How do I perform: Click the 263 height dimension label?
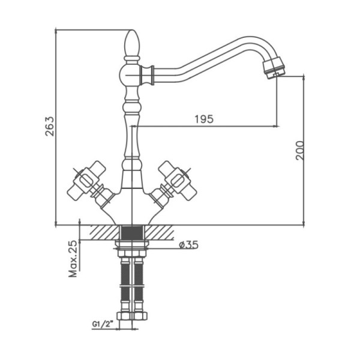[x=50, y=127]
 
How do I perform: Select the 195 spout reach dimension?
[x=204, y=119]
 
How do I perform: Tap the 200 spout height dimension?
[x=299, y=151]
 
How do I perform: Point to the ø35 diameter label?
[x=189, y=245]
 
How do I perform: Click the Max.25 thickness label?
[x=73, y=259]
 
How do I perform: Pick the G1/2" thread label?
[x=103, y=324]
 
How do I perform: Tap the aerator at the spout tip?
[x=274, y=68]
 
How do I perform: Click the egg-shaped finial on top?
[x=132, y=43]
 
